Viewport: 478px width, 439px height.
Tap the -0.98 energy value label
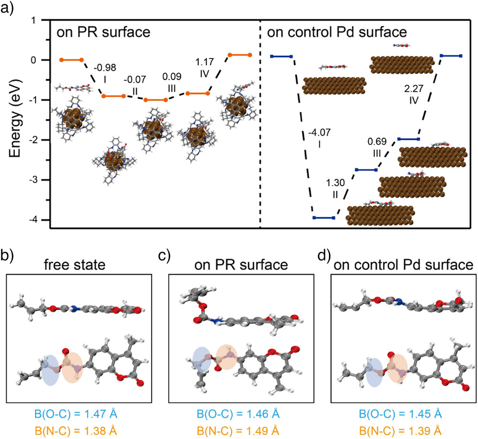click(x=105, y=67)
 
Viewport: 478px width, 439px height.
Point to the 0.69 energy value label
click(x=377, y=142)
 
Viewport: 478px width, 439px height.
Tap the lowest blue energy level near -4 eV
click(x=323, y=218)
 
